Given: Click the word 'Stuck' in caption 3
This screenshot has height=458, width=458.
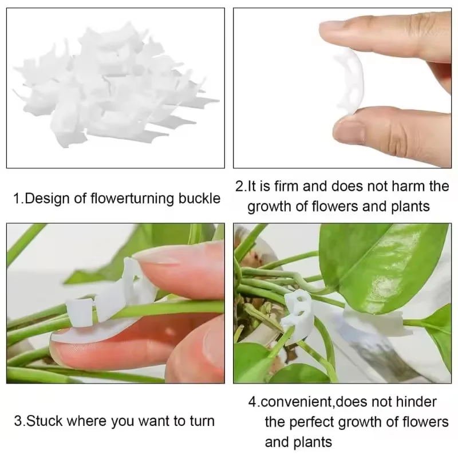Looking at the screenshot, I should click(x=46, y=421).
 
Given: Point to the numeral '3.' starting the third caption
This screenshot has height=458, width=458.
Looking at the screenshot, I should click(x=19, y=421).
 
